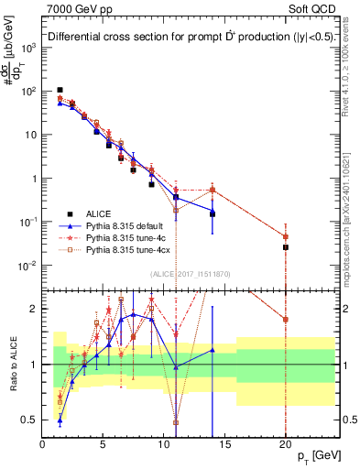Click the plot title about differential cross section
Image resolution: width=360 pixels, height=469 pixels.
click(177, 38)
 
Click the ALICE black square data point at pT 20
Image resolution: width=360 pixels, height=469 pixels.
click(286, 247)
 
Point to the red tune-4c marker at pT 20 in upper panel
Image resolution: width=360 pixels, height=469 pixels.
click(286, 236)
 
